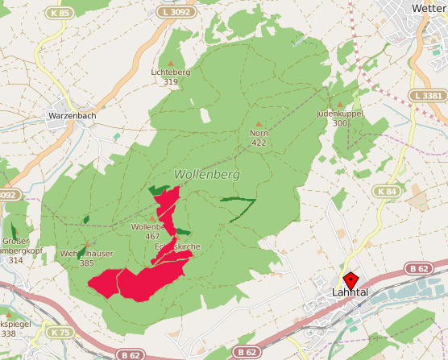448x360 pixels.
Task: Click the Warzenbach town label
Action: (73, 116)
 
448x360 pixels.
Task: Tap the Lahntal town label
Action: (350, 293)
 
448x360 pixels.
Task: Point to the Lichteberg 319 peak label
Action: (170, 77)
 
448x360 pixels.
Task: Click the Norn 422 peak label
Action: (258, 137)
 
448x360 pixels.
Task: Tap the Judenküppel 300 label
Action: (340, 118)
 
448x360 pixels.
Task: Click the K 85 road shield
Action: (59, 13)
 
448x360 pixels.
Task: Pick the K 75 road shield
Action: (60, 332)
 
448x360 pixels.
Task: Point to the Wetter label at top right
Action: (429, 8)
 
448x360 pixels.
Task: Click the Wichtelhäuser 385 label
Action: (87, 258)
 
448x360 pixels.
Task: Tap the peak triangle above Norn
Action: (258, 122)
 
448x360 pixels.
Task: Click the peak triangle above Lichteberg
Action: (170, 61)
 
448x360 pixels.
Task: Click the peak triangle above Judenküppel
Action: (339, 104)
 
